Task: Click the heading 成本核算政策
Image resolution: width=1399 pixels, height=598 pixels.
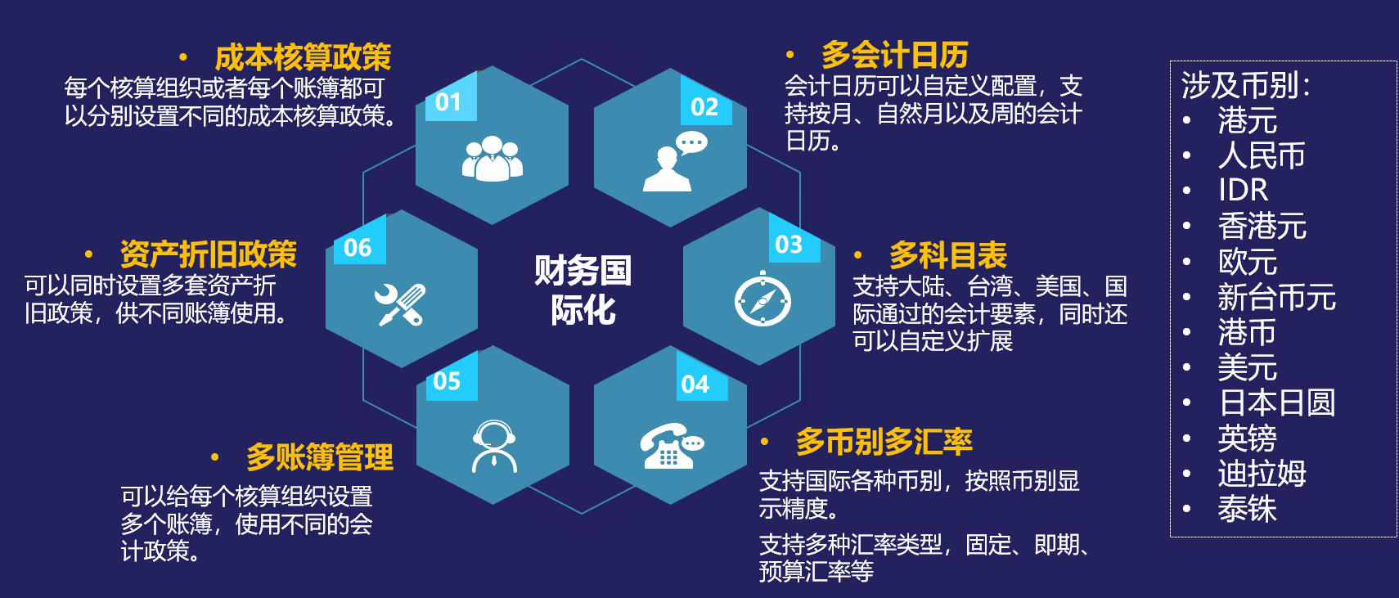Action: [303, 57]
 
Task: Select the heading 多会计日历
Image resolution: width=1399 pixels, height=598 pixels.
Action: [894, 55]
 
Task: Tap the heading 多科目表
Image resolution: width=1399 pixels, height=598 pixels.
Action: [948, 254]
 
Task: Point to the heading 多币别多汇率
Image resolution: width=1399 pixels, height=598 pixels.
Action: [884, 442]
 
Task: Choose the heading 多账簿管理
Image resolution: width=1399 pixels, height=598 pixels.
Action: [320, 457]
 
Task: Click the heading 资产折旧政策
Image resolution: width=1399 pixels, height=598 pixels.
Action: [208, 254]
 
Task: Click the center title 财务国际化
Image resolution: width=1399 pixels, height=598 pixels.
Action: [583, 290]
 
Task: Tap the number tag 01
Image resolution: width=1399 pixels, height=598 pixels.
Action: [448, 102]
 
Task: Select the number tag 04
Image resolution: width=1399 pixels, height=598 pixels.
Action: [695, 384]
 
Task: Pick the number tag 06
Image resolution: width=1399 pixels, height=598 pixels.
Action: [358, 248]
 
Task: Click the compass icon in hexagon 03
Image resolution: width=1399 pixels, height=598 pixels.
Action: [762, 299]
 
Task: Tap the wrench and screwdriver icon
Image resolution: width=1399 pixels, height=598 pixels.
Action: [400, 304]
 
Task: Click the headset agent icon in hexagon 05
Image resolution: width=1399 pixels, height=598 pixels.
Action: [494, 446]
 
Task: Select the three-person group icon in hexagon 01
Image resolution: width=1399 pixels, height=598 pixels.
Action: [493, 158]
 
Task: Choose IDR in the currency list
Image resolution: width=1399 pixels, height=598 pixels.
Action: [1243, 190]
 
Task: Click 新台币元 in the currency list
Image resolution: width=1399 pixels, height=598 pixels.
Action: [1276, 296]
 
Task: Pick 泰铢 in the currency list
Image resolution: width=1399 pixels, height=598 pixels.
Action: [1247, 509]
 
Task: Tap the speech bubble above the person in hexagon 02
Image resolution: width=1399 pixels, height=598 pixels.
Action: [692, 143]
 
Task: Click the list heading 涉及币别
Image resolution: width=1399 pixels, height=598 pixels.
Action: [1245, 85]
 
